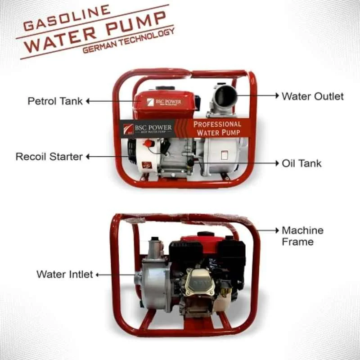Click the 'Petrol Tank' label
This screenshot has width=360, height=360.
pyautogui.click(x=55, y=101)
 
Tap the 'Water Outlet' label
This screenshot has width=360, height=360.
pyautogui.click(x=312, y=96)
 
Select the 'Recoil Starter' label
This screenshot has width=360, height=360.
pyautogui.click(x=49, y=157)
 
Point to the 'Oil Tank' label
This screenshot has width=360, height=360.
pyautogui.click(x=301, y=163)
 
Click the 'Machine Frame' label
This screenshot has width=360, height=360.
pyautogui.click(x=302, y=236)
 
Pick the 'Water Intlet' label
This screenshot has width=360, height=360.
pyautogui.click(x=64, y=274)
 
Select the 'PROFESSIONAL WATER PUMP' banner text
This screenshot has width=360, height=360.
pyautogui.click(x=217, y=128)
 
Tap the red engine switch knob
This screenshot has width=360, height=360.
pyautogui.click(x=147, y=143)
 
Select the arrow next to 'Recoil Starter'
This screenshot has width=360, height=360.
pyautogui.click(x=108, y=157)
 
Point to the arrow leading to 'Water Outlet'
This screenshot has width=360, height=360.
pyautogui.click(x=256, y=96)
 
